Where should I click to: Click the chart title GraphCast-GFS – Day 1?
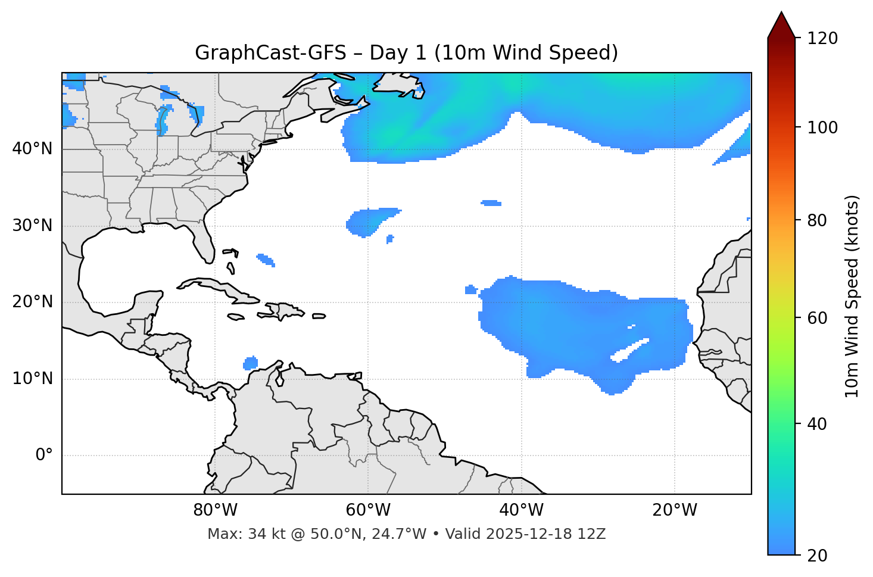tap(406, 53)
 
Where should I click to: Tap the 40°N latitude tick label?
tap(32, 149)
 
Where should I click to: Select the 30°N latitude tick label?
tap(32, 226)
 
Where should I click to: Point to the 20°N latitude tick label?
tap(32, 302)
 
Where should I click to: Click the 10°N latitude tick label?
tap(32, 379)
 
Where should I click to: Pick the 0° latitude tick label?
tap(44, 456)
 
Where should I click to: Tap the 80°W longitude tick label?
tap(215, 510)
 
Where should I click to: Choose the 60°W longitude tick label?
tap(368, 510)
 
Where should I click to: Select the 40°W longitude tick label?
tap(521, 510)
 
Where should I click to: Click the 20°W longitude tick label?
tap(675, 510)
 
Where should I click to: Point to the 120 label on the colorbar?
tap(822, 39)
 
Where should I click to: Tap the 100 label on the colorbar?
tap(822, 127)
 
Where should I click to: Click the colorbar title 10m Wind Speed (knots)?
tap(852, 297)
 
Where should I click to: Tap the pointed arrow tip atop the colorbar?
tap(781, 14)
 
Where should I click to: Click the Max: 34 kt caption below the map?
tap(406, 534)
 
